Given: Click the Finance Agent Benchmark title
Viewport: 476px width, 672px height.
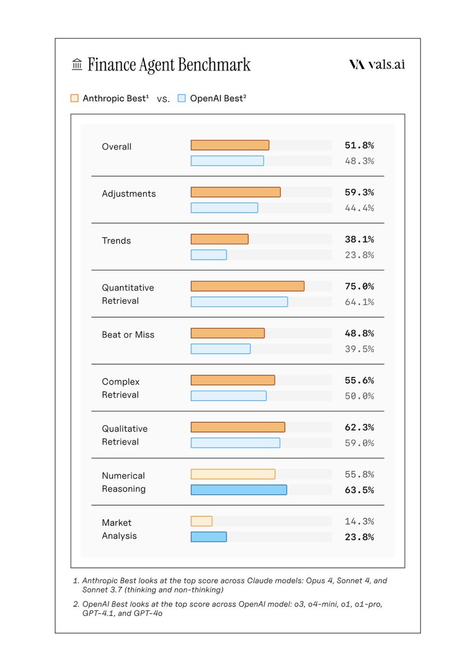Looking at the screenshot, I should point(169,65).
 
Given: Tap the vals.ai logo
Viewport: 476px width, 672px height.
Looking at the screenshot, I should point(377,64).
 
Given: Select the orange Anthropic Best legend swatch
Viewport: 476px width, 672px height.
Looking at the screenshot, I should point(75,98).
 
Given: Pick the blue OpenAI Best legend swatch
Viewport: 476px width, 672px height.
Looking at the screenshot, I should point(182,98).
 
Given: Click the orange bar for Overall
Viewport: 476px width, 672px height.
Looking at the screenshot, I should point(230,145).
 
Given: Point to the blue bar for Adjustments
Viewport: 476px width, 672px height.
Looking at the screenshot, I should point(224,208).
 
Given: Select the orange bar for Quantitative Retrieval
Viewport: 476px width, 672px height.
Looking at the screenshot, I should point(247,286).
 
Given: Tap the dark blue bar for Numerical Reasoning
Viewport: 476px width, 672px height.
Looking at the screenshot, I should point(239,490).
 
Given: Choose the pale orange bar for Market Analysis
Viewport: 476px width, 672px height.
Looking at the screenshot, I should point(201,521).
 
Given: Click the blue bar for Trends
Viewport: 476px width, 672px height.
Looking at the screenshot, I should point(209,255).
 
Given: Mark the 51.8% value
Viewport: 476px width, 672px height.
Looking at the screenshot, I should point(359,146).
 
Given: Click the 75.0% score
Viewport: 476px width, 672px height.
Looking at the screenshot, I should point(359,286).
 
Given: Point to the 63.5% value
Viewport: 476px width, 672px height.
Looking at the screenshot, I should point(359,490).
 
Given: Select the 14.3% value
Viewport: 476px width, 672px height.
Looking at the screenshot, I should point(359,521).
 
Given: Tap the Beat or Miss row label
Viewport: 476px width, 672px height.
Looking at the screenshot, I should point(128,335).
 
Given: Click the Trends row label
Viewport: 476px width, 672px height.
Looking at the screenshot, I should point(116,241).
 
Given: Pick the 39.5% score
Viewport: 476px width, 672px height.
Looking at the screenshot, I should point(359,349).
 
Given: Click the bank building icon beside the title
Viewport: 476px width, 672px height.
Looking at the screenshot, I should point(77,65).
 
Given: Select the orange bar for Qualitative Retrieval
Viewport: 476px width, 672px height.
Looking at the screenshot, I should point(238,427).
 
